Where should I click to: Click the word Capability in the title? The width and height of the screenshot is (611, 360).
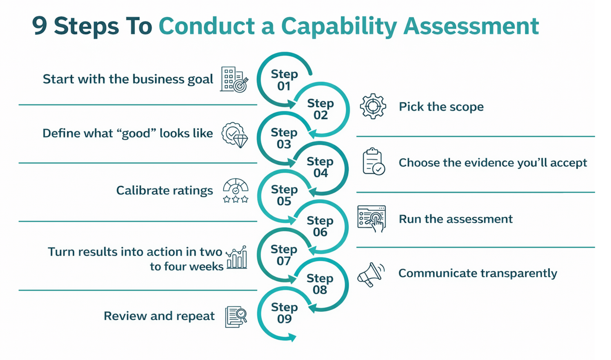point(339,27)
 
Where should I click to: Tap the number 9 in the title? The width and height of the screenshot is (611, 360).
point(40,26)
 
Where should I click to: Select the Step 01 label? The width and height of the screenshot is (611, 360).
point(284,80)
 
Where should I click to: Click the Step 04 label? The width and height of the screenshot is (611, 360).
point(320,167)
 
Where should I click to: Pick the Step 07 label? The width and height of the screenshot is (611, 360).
point(284,255)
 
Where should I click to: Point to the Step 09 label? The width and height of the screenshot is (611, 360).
point(284,313)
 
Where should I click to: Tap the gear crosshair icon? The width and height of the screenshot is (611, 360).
point(373,106)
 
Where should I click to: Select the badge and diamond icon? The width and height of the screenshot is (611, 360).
point(234,135)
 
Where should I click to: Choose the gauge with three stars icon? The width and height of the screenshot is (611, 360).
point(236,190)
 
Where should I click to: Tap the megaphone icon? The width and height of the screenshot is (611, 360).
point(371,274)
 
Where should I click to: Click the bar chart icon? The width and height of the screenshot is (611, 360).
point(237,257)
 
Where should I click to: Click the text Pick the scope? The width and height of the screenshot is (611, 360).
point(441,107)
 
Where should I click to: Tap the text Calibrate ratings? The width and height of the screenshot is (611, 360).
point(165,190)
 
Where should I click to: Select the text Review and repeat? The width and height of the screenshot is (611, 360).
point(159,316)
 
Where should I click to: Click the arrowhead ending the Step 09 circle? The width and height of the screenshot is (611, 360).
point(293,337)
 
